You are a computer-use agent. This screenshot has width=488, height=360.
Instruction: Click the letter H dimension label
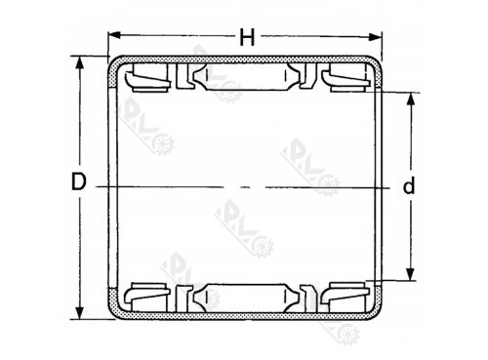tap(247, 38)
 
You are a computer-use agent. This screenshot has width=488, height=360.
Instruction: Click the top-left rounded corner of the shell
tap(113, 64)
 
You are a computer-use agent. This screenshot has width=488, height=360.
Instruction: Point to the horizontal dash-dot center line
tap(244, 185)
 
